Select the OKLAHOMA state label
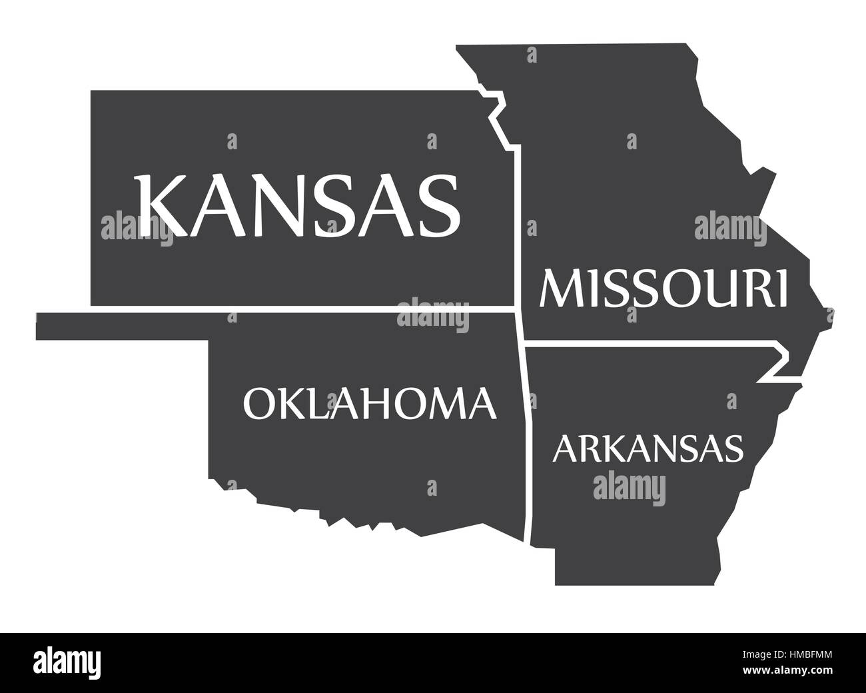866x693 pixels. click(370, 402)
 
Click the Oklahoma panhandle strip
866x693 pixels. click(120, 326)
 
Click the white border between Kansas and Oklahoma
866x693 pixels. click(300, 310)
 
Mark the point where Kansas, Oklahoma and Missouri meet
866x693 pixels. click(518, 310)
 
